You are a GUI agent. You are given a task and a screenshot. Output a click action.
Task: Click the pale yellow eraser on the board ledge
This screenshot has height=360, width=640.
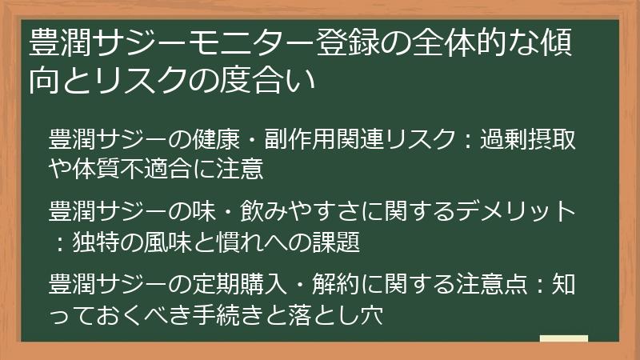coord(563,339)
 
